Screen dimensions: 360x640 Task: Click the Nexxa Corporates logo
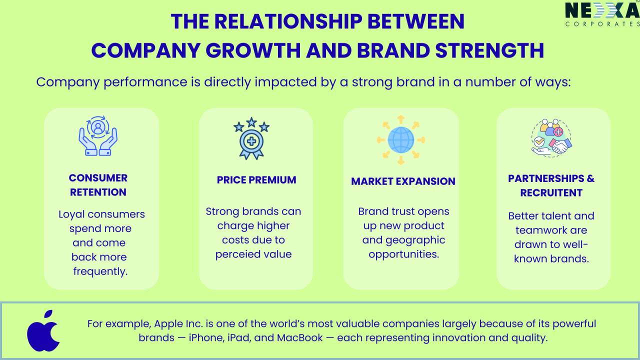click(602, 14)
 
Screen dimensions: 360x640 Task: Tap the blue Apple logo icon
click(43, 331)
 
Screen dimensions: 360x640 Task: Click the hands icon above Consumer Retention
click(98, 136)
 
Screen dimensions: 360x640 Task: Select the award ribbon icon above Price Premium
click(251, 138)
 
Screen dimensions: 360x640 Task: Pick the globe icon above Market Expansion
click(400, 139)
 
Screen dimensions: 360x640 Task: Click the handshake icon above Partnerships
click(551, 138)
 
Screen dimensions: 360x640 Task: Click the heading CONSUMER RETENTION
click(98, 185)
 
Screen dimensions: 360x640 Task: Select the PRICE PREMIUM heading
click(256, 180)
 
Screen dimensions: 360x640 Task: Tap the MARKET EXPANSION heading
click(403, 181)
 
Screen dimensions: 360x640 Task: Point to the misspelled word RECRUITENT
click(551, 193)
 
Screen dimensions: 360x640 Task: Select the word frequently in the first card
click(100, 271)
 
